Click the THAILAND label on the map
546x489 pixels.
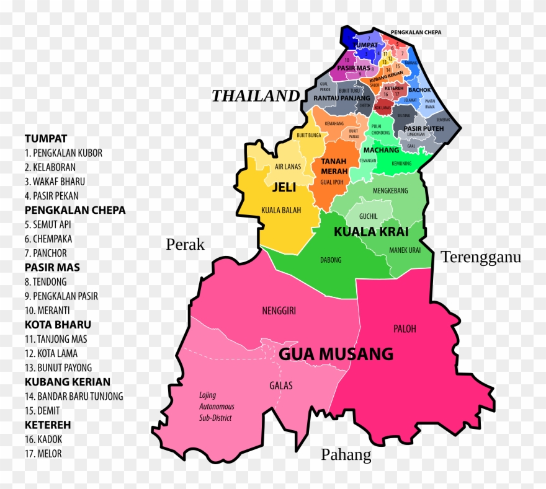pos(256,96)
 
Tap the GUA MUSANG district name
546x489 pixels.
pos(336,354)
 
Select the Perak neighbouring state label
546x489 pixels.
pos(185,244)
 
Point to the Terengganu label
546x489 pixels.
pos(481,257)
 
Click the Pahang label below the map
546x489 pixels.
pos(346,455)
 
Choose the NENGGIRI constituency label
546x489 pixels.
pos(279,311)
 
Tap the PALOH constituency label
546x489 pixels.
pos(405,328)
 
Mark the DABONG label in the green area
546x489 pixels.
pos(331,260)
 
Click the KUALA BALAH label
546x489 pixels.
pos(281,210)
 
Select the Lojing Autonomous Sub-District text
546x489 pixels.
pos(216,407)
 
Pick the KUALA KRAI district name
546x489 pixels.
pos(371,232)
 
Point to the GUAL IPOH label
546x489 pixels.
pos(331,182)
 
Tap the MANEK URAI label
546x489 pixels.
pos(405,250)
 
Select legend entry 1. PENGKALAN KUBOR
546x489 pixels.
pos(63,153)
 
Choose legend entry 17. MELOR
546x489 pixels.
pos(43,454)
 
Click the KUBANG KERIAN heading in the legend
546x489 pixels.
pos(68,382)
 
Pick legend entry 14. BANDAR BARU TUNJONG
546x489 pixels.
pos(74,396)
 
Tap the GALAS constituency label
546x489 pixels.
pos(281,385)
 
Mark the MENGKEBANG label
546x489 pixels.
pos(390,191)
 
